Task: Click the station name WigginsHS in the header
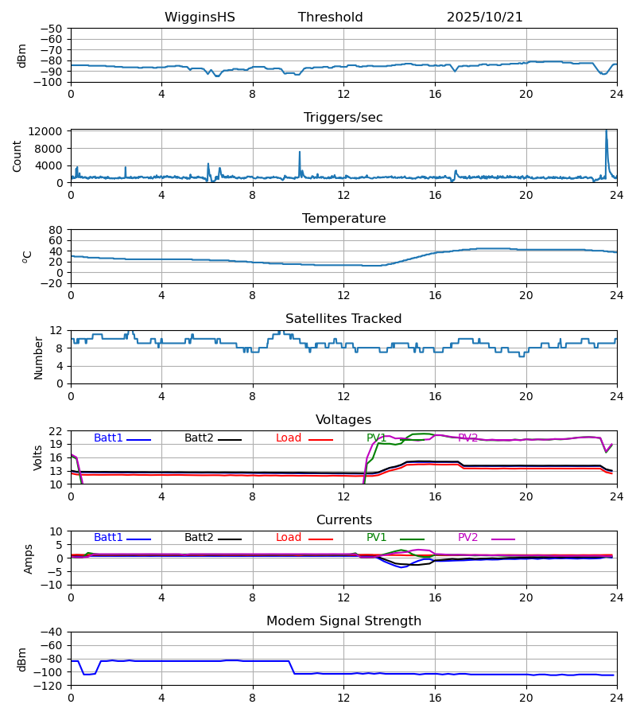pyautogui.click(x=200, y=18)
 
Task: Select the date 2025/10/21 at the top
pyautogui.click(x=484, y=18)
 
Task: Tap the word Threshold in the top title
pyautogui.click(x=330, y=18)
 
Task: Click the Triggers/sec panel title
pyautogui.click(x=343, y=118)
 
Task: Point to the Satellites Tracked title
pyautogui.click(x=343, y=319)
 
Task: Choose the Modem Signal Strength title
pyautogui.click(x=343, y=621)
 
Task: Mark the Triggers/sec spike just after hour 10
pyautogui.click(x=300, y=153)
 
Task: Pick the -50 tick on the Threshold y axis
pyautogui.click(x=53, y=29)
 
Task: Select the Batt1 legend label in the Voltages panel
pyautogui.click(x=108, y=438)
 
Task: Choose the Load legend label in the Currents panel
pyautogui.click(x=289, y=538)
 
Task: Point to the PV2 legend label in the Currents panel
pyautogui.click(x=468, y=538)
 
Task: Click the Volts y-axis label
pyautogui.click(x=38, y=457)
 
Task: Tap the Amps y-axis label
pyautogui.click(x=29, y=558)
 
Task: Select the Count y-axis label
pyautogui.click(x=17, y=156)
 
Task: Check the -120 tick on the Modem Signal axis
pyautogui.click(x=50, y=685)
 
